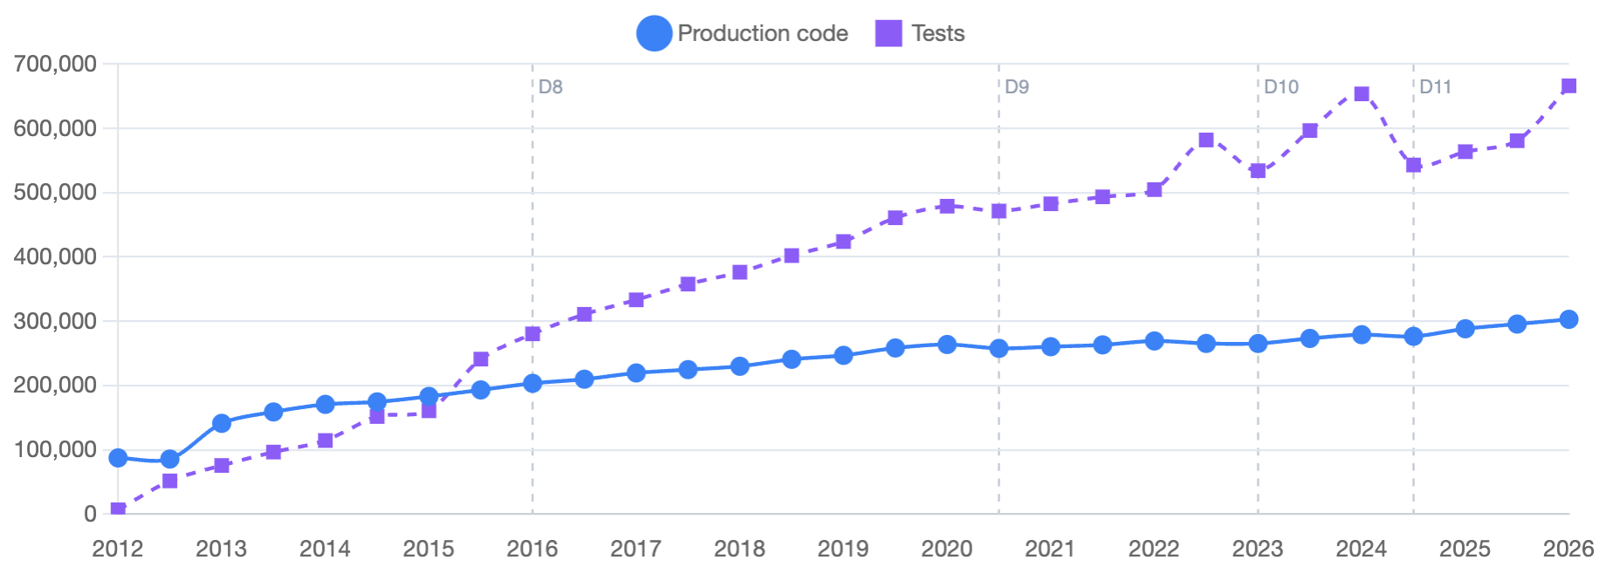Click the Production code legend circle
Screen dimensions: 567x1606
point(654,34)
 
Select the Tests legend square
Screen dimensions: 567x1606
point(888,34)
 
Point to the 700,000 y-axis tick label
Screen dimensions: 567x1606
point(54,64)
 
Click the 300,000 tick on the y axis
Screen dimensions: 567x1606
point(54,321)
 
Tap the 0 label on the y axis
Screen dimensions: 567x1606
point(90,514)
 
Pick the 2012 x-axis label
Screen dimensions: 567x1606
point(118,549)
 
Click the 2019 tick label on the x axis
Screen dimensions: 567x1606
point(843,549)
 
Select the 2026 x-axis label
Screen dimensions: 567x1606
point(1568,549)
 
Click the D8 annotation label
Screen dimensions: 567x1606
point(550,87)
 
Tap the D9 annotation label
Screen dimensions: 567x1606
point(1016,87)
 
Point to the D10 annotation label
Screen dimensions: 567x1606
point(1280,87)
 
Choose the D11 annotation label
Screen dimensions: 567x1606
point(1435,87)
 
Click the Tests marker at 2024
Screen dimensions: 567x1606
point(1362,94)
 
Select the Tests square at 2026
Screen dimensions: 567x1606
point(1568,86)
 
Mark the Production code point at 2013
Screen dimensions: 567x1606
point(222,423)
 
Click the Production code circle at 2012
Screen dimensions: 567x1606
point(118,458)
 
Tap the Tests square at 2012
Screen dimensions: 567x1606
point(118,509)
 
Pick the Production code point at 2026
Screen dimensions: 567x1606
point(1568,319)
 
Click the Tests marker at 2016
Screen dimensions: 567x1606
point(532,334)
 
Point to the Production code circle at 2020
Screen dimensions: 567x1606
point(947,345)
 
